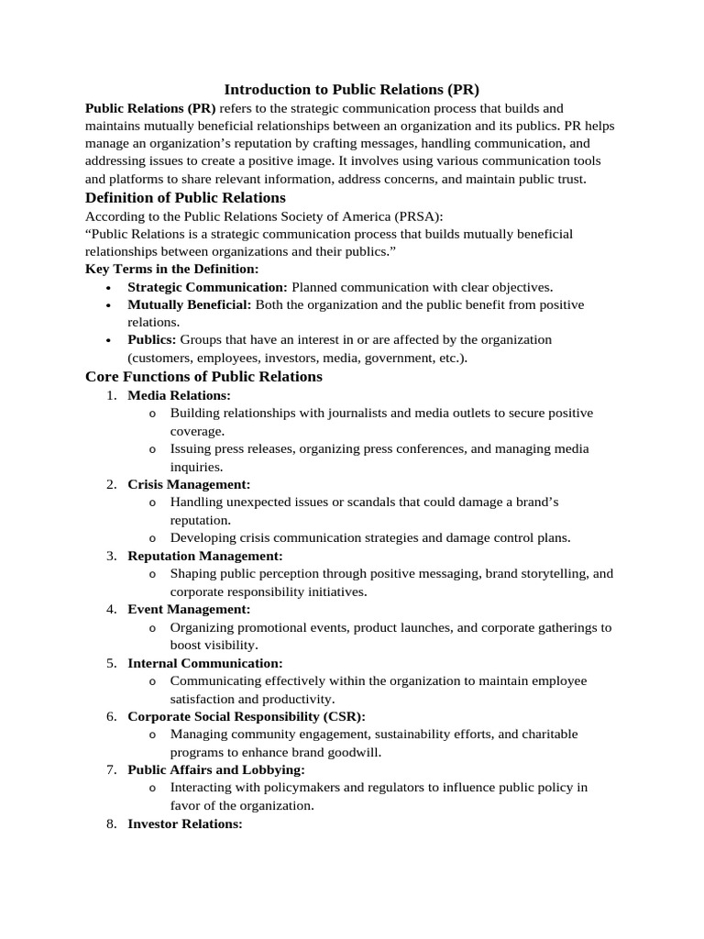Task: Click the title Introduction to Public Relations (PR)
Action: pos(352,90)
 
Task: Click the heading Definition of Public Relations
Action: pos(185,197)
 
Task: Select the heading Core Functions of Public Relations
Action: pos(203,376)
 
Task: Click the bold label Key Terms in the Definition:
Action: pos(172,269)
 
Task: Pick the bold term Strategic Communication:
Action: pos(207,287)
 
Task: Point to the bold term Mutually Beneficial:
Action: pos(189,304)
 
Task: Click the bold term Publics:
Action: pos(151,340)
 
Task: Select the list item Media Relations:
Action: pos(179,395)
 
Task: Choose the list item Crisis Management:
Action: pos(188,484)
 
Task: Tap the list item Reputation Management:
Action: pos(204,556)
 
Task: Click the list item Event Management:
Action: pos(188,609)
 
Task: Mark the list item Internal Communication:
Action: pos(204,663)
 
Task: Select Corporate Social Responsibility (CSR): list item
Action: pos(246,716)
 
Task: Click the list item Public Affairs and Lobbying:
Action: pos(215,769)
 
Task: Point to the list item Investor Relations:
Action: pos(184,823)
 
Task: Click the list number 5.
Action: pos(111,663)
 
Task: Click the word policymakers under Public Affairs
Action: pos(295,788)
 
